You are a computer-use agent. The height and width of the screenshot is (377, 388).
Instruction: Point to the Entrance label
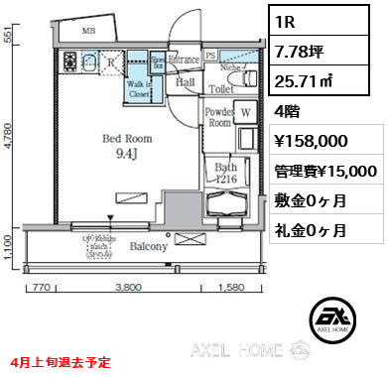[185, 61]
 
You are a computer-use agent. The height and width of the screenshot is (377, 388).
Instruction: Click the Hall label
[185, 85]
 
